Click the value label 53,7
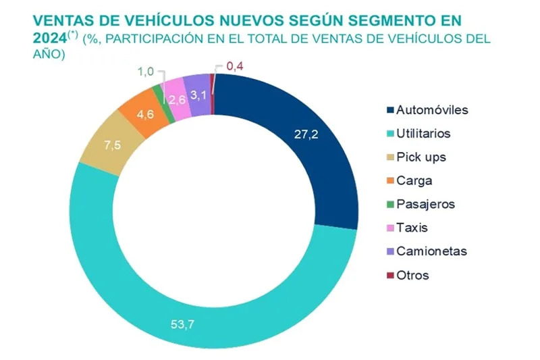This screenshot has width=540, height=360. [x=181, y=324]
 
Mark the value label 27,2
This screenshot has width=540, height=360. [x=305, y=134]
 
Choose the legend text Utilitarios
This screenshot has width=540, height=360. [x=423, y=134]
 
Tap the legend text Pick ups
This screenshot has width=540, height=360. [x=421, y=157]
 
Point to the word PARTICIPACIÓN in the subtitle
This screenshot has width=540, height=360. [x=153, y=38]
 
